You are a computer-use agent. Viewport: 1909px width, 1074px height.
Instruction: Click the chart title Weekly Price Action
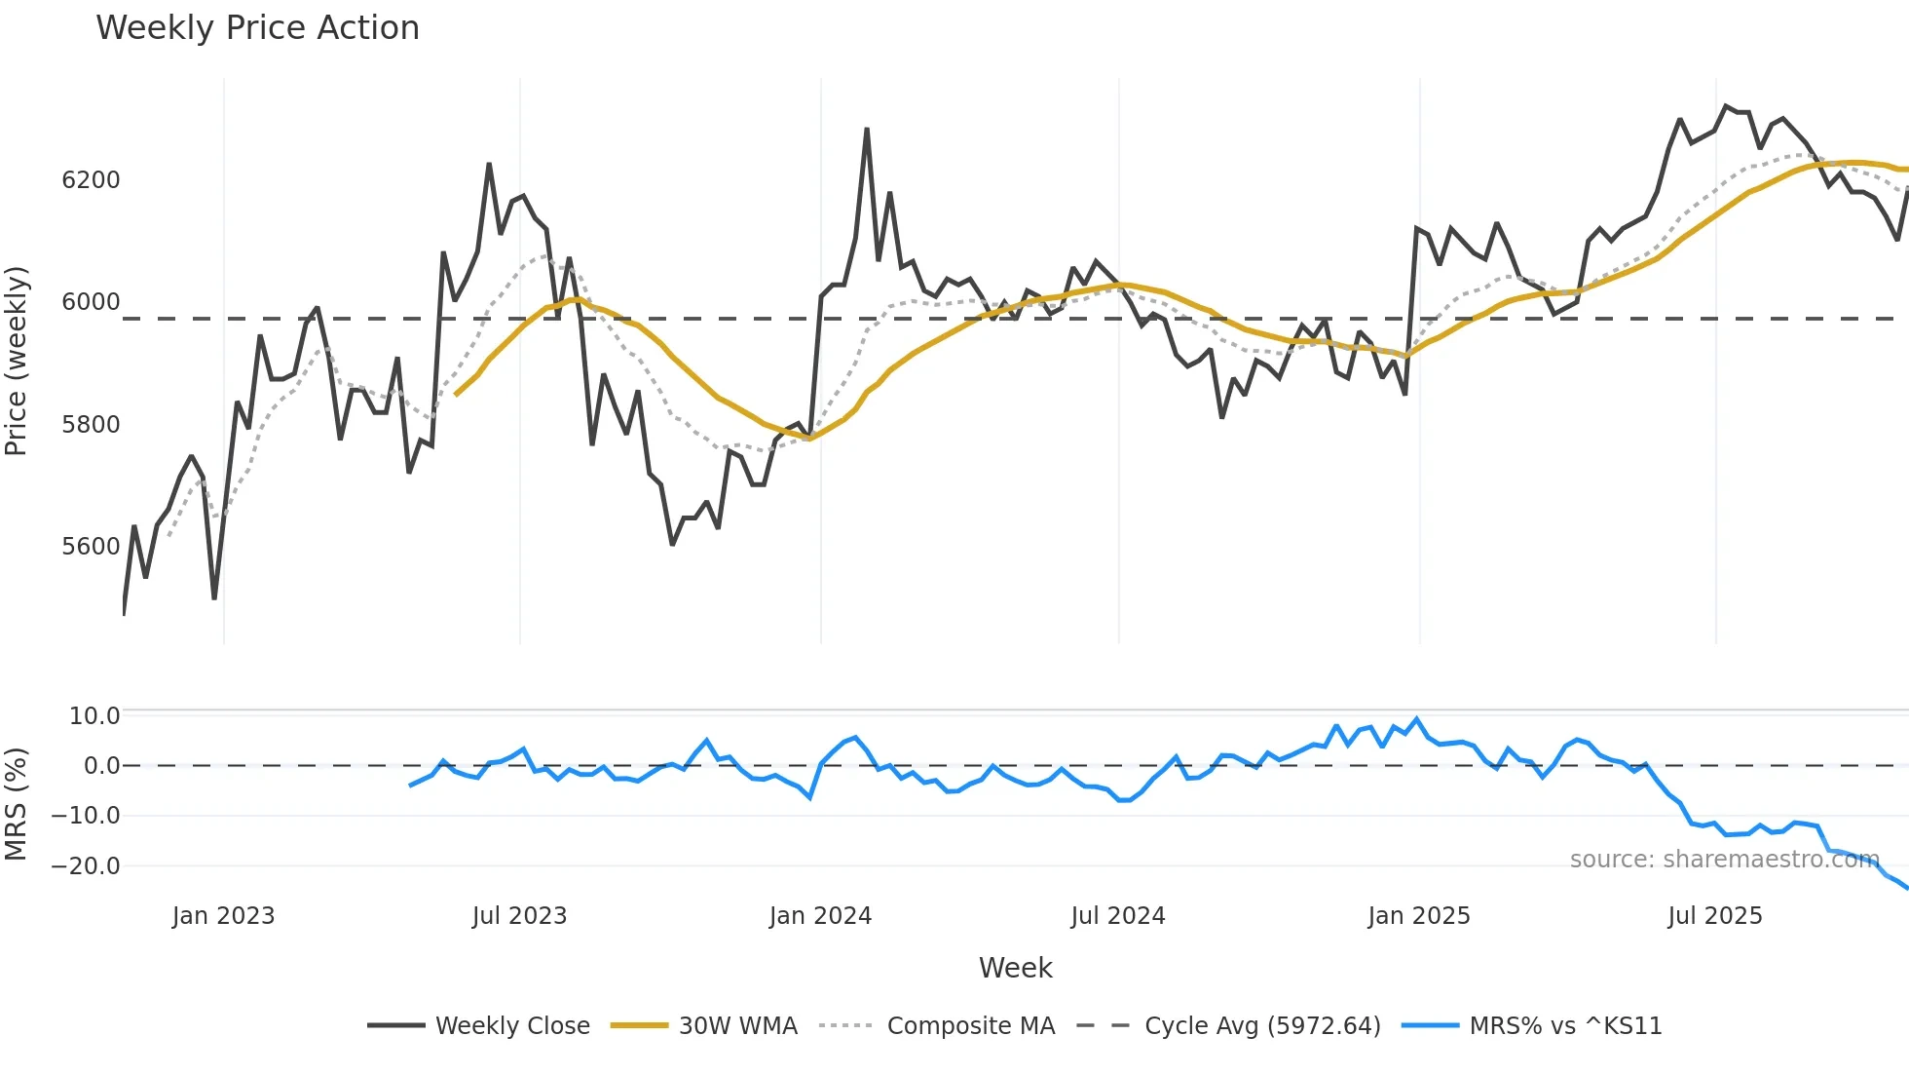click(257, 28)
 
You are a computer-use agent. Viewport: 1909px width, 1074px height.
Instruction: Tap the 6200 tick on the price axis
click(91, 180)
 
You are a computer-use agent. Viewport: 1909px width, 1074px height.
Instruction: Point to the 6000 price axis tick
click(91, 302)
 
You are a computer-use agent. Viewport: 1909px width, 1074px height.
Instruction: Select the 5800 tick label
click(91, 425)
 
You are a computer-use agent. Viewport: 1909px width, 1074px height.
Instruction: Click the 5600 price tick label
click(91, 547)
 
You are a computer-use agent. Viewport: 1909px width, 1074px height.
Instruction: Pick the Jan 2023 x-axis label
click(223, 916)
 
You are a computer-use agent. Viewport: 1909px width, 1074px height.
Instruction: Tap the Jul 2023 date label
click(519, 916)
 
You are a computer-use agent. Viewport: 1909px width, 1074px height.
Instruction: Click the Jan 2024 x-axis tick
click(820, 916)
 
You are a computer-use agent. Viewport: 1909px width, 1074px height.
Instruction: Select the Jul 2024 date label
click(1118, 916)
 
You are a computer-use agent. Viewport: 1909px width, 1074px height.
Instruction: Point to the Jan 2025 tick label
click(1419, 916)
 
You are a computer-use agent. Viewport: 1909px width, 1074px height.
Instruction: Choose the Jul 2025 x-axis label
click(1715, 916)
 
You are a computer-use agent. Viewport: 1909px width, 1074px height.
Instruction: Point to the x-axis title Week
click(1015, 968)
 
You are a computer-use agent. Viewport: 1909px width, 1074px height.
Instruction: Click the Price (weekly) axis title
click(17, 361)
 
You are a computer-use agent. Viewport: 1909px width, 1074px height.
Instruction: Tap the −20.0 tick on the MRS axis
click(86, 866)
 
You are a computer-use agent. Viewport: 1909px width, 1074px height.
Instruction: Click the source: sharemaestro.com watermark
click(1724, 860)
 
